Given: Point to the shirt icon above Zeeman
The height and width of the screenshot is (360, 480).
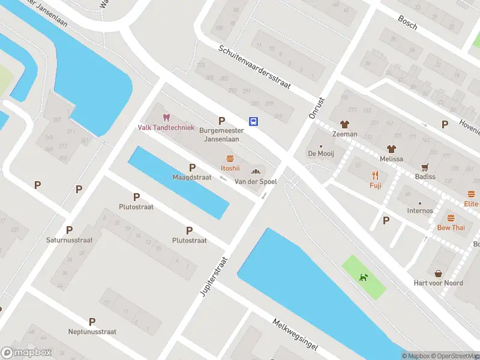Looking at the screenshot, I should [x=344, y=124].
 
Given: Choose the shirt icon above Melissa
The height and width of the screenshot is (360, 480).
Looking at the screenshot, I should [x=391, y=148].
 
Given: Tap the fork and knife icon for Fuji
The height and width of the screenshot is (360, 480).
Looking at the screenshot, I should [x=376, y=175].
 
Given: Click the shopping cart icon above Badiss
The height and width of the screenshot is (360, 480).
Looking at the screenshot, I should [x=425, y=167].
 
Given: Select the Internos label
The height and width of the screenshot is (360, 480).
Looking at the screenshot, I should [x=419, y=211].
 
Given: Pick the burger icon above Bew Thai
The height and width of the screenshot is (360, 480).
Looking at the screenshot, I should [x=451, y=218].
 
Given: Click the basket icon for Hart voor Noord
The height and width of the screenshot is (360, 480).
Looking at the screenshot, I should [x=438, y=273].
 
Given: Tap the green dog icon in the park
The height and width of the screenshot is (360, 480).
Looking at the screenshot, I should [x=363, y=277].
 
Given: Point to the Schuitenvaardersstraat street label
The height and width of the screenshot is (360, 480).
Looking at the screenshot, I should [x=254, y=67].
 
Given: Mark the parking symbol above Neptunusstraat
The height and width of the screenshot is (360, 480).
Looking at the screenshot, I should [x=92, y=322].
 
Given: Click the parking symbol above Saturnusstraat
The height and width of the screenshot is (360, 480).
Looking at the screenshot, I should [x=69, y=230].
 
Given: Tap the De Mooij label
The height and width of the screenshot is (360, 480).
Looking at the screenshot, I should [x=320, y=154].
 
